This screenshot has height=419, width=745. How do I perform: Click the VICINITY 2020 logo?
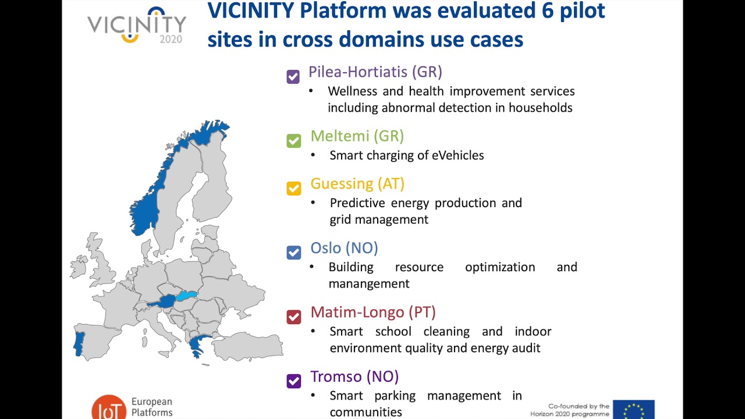[137, 26]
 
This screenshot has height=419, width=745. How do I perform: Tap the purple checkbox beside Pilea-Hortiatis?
[293, 76]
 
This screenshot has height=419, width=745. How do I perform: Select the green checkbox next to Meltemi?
[294, 141]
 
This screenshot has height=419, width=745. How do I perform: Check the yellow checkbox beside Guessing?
[294, 188]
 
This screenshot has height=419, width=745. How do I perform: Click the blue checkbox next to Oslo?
[294, 252]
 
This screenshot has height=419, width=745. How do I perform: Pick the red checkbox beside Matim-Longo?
[294, 317]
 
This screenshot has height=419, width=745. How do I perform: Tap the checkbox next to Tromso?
[294, 381]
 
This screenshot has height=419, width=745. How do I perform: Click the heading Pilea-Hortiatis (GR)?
[375, 72]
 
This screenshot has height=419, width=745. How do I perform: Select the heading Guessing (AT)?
[357, 183]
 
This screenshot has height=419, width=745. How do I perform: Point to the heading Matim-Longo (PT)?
[372, 312]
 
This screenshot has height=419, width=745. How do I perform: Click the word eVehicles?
[457, 155]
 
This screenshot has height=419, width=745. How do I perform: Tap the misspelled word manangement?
[368, 283]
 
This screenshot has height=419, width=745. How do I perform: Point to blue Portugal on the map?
[79, 343]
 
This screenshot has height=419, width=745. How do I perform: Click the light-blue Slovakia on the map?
[187, 296]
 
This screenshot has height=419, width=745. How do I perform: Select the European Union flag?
[633, 409]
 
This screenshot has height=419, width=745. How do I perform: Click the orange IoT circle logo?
[109, 408]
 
